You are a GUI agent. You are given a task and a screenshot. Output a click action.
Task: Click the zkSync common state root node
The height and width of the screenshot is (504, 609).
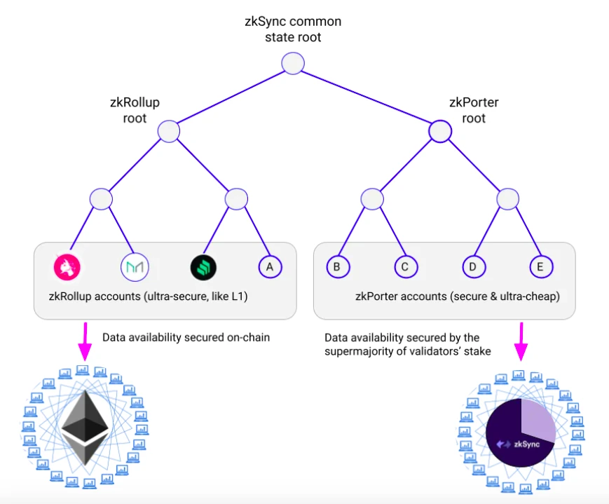tap(293, 64)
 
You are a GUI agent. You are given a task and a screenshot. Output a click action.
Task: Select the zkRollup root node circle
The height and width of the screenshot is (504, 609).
tap(168, 131)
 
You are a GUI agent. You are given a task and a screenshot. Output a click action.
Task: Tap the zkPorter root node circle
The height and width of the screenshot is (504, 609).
tap(439, 131)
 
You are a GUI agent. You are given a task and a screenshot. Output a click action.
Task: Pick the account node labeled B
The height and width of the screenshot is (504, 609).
tap(337, 266)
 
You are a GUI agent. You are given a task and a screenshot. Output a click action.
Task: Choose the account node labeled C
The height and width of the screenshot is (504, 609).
tap(405, 266)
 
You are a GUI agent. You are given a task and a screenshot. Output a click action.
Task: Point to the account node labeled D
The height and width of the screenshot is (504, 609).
tap(473, 266)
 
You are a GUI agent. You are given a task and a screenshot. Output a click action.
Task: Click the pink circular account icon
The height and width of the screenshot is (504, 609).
tap(67, 266)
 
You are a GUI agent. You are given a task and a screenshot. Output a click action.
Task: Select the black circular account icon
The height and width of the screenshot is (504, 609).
tap(203, 266)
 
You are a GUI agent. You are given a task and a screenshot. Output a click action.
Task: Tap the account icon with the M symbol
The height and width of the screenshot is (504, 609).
tap(135, 266)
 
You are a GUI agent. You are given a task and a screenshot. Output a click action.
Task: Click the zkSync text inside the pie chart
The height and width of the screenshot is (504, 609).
tap(527, 444)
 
